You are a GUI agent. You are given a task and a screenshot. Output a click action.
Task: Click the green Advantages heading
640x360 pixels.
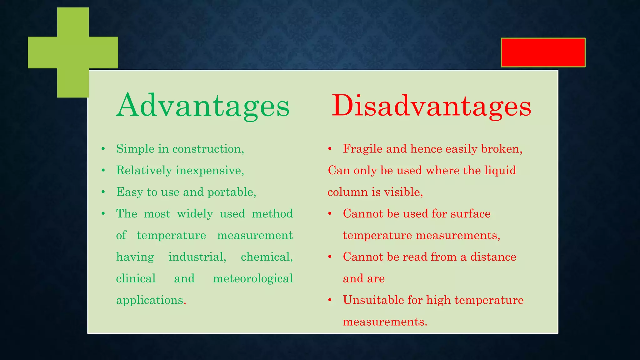click(x=203, y=106)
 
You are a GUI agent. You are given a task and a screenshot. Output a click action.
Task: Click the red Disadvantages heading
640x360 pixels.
click(x=431, y=106)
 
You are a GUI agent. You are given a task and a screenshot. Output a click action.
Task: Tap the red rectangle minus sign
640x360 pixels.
click(x=543, y=52)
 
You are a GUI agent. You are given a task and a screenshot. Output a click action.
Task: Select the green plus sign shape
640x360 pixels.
click(x=73, y=52)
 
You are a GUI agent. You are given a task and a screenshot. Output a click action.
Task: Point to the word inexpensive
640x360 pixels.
click(x=210, y=171)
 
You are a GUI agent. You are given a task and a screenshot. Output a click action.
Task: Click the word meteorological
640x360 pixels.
click(x=253, y=278)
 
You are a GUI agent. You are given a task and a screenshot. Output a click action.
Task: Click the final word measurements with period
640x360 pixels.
click(x=385, y=322)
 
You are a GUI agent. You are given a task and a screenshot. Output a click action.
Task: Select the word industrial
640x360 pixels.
click(x=197, y=257)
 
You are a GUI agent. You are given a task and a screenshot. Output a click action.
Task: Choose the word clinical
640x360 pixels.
click(x=136, y=278)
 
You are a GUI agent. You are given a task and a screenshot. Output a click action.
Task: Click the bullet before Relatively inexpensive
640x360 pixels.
click(x=103, y=171)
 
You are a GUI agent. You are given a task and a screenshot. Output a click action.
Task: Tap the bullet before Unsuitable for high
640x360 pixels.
click(x=330, y=300)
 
